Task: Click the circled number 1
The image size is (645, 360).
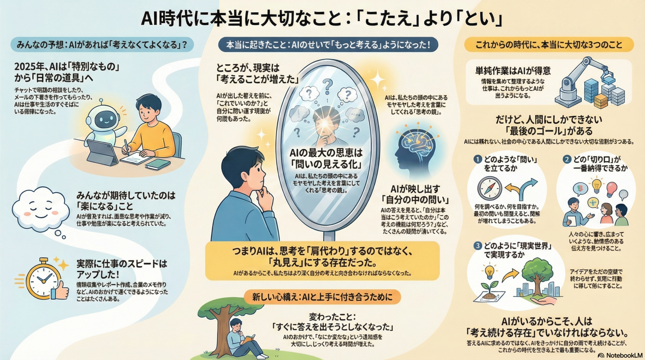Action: (x=477, y=159)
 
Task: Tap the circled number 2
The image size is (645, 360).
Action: (x=567, y=159)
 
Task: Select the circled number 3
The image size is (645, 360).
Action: (x=477, y=246)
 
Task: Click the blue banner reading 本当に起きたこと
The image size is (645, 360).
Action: (x=328, y=45)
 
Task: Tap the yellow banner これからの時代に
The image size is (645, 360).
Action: (x=549, y=45)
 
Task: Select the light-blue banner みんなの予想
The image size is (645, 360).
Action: (x=102, y=45)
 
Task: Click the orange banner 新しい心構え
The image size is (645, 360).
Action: (x=322, y=297)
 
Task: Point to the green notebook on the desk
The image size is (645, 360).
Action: (x=158, y=164)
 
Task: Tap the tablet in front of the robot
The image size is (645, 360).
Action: (x=101, y=153)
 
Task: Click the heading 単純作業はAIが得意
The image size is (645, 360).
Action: (x=513, y=71)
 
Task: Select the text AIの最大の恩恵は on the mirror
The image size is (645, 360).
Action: (x=326, y=153)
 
